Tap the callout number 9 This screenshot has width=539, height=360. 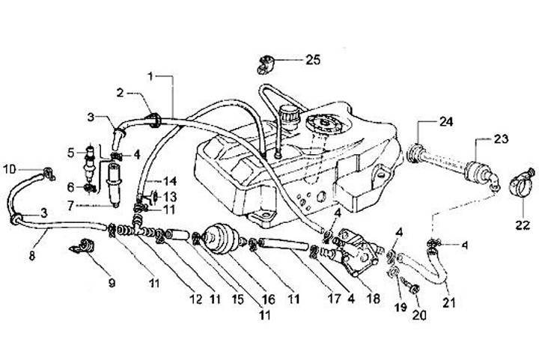tap(112, 283)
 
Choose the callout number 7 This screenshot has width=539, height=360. tap(91, 204)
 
